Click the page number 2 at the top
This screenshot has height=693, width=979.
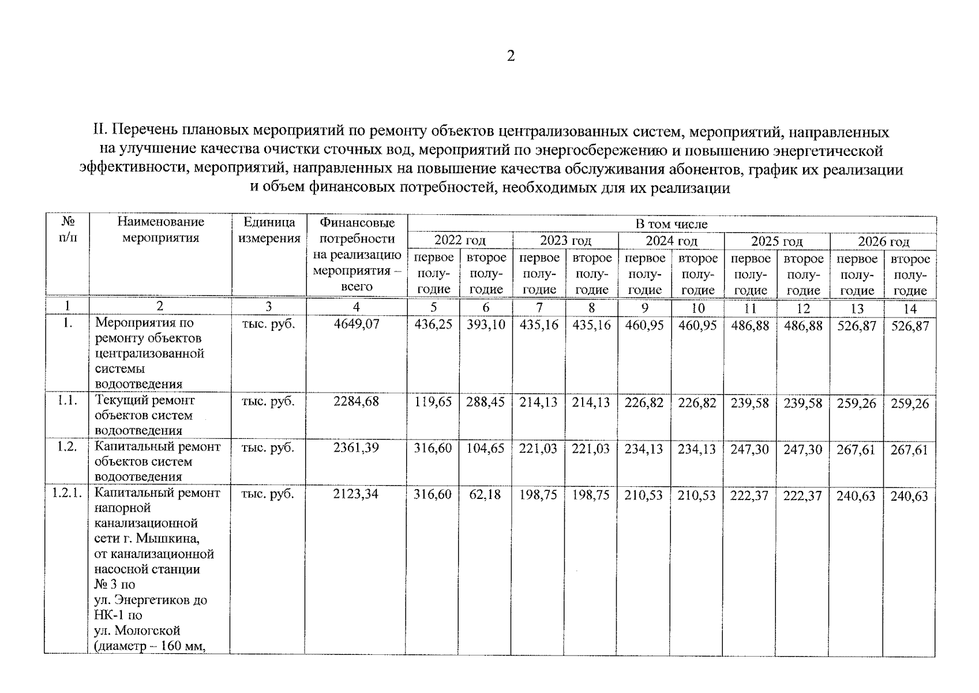point(510,56)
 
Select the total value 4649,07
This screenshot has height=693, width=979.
point(357,324)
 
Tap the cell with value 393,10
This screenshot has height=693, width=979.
point(486,325)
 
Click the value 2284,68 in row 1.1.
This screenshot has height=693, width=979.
point(357,401)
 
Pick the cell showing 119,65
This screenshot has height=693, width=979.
point(433,403)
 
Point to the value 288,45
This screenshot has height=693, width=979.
point(486,403)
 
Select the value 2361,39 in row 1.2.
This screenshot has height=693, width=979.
point(357,448)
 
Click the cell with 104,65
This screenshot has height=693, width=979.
point(486,449)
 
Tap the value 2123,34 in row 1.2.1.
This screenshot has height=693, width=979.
point(356,494)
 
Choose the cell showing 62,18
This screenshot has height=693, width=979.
point(486,495)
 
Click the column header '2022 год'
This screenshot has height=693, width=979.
point(460,240)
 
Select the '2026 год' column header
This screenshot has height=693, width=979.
point(883,241)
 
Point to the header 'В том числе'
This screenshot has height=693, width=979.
point(672,224)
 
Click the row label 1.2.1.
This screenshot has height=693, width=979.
point(67,493)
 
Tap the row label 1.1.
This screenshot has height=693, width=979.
point(67,400)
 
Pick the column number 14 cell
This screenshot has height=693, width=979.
point(910,308)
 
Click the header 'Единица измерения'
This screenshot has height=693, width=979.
point(269,230)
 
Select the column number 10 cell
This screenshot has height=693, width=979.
point(698,308)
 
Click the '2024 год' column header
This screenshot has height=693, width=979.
point(672,241)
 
